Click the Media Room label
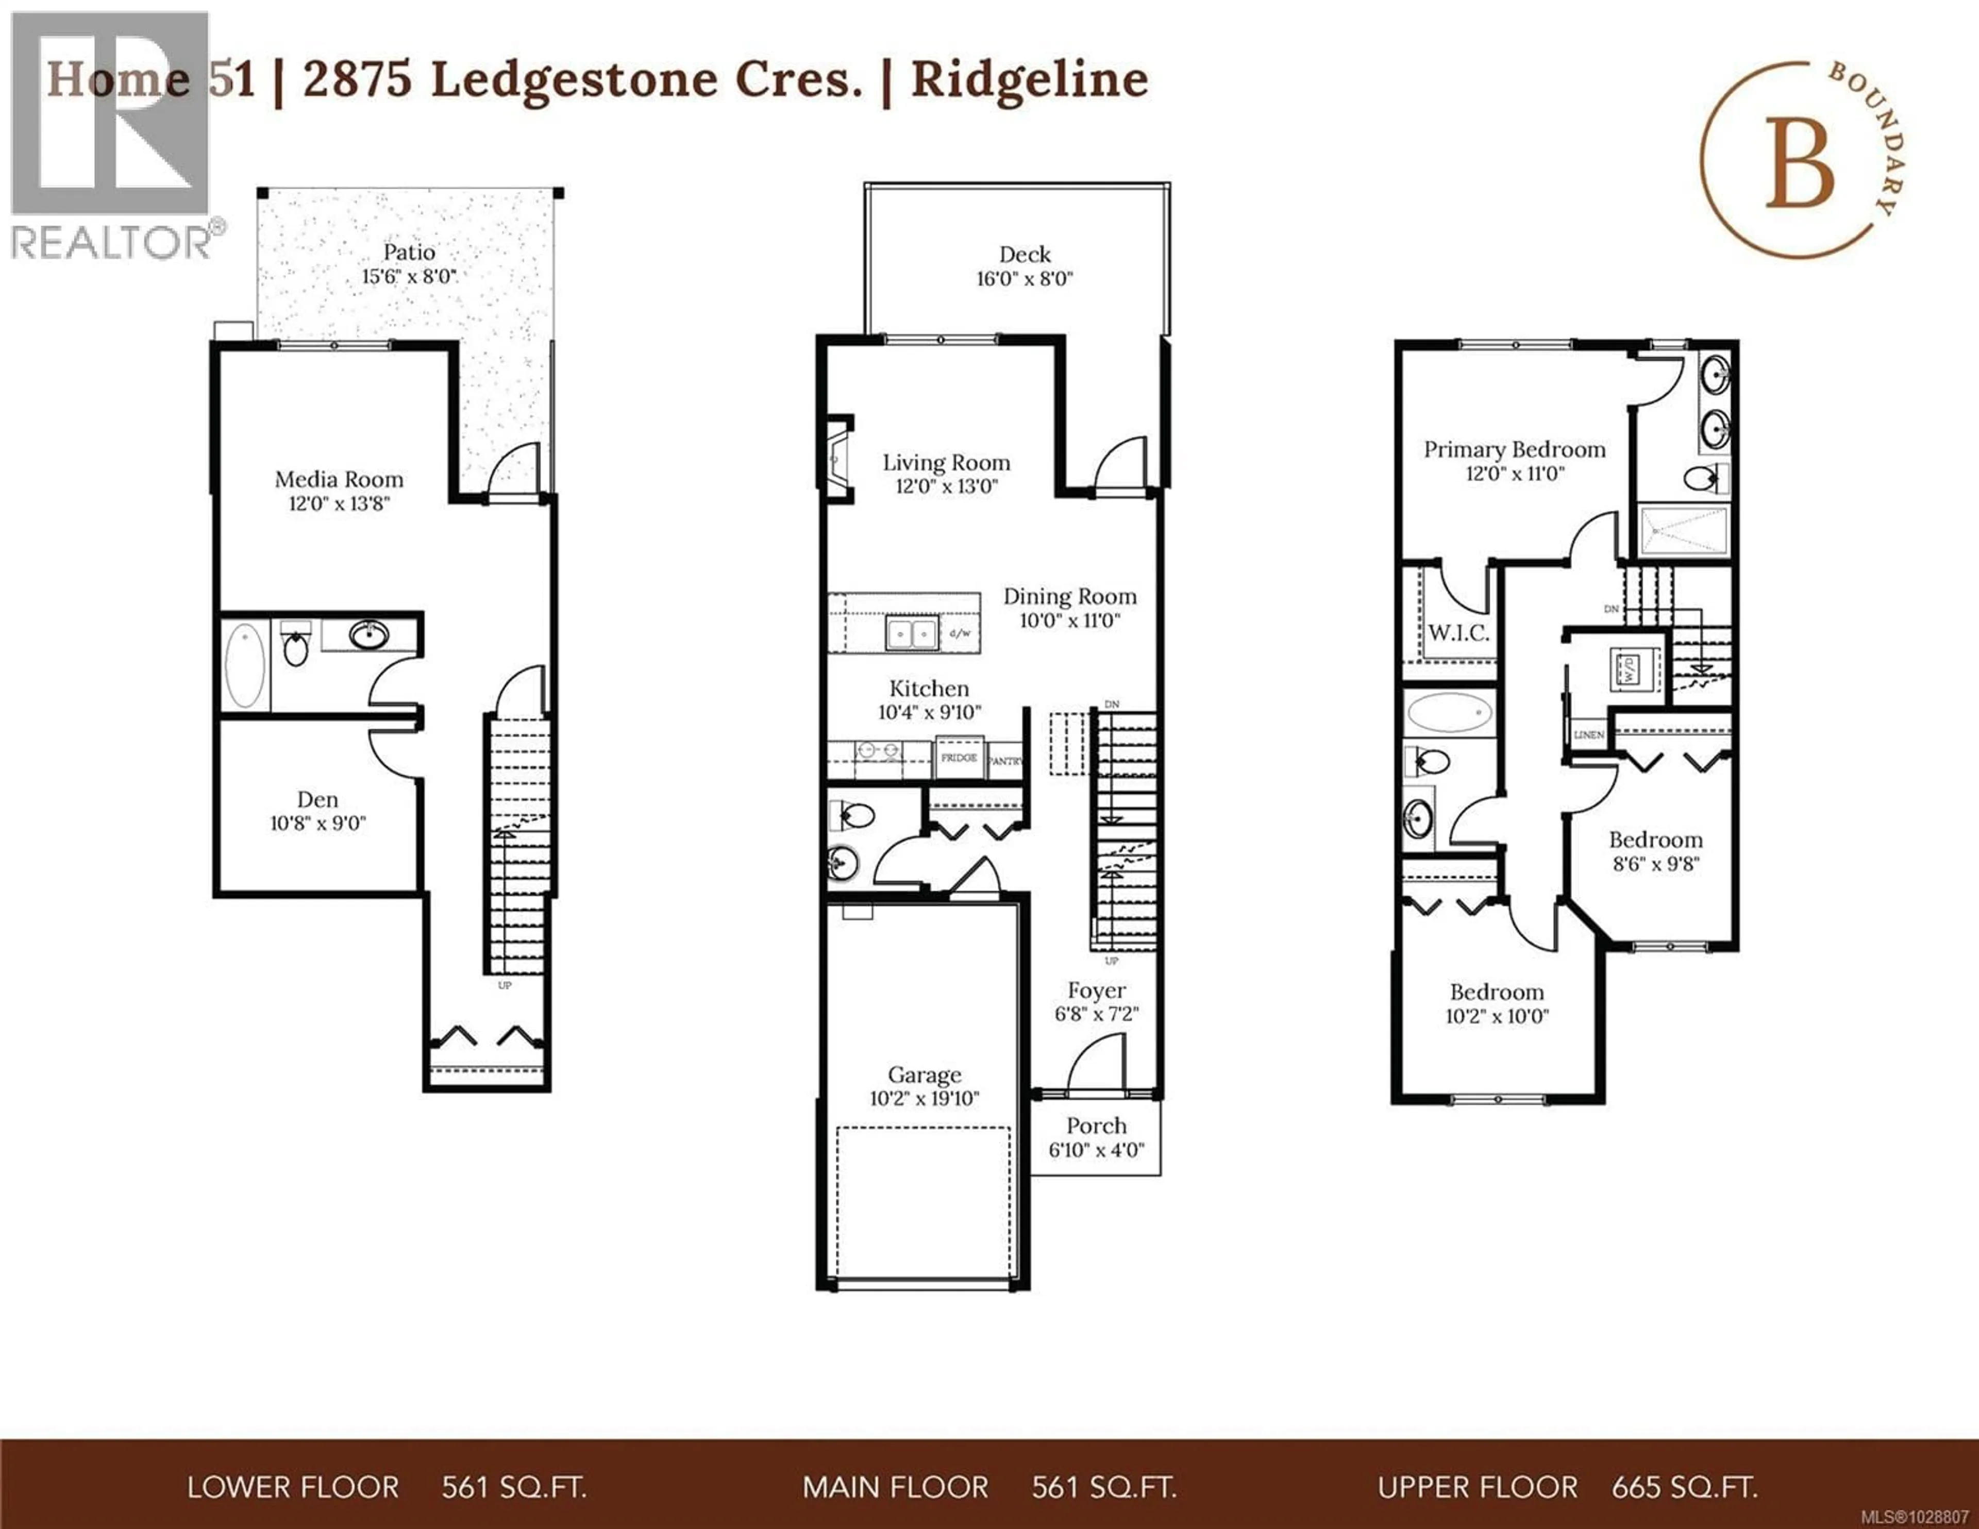click(x=339, y=479)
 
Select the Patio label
click(x=409, y=252)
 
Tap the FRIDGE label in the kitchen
click(x=959, y=758)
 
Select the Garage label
click(x=924, y=1075)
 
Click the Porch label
click(x=1096, y=1125)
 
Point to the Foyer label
click(x=1096, y=990)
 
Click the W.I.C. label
click(x=1458, y=633)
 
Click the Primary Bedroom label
click(x=1514, y=449)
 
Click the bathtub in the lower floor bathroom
click(x=245, y=664)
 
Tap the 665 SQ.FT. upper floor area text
click(x=1685, y=1487)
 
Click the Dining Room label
click(x=1069, y=596)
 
